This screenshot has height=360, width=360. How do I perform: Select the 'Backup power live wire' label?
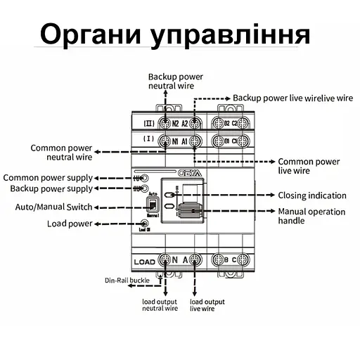(x=292, y=98)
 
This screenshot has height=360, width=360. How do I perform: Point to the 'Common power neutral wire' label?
(x=61, y=153)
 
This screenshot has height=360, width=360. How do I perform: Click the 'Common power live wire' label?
(x=309, y=166)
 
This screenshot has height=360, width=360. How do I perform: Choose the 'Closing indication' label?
(x=312, y=195)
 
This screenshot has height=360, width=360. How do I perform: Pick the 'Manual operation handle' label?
(x=311, y=216)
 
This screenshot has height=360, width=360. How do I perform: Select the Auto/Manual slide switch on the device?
(x=151, y=205)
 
